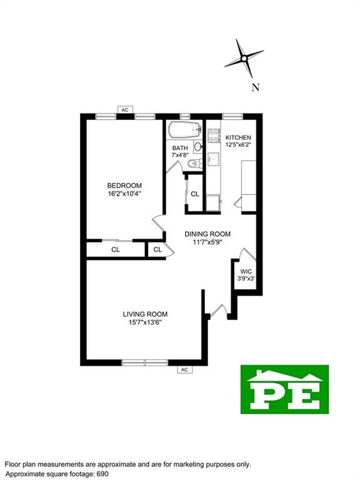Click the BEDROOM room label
[124, 185]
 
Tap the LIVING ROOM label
[145, 314]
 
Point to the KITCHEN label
[238, 137]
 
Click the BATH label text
[180, 147]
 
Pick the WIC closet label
[245, 271]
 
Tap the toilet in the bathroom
[193, 164]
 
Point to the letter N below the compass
[255, 87]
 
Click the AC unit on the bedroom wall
[125, 110]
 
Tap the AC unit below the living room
[184, 369]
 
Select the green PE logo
[284, 389]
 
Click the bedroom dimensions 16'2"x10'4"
[124, 194]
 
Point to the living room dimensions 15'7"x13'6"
[145, 322]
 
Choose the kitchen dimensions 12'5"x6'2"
[238, 146]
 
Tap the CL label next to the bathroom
[195, 194]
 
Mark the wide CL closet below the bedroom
[116, 249]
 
